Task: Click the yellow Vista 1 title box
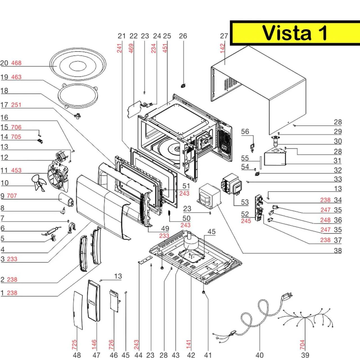coord(295,33)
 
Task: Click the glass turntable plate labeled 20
coord(78,66)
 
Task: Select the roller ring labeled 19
coord(78,96)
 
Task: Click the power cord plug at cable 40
coord(287,296)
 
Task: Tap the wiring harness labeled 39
coord(305,318)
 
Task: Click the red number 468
coord(16,63)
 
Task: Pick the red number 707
coord(12,196)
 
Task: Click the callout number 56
coord(245,132)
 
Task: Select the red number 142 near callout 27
coord(223,48)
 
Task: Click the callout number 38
coord(338,250)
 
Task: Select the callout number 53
coord(245,202)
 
